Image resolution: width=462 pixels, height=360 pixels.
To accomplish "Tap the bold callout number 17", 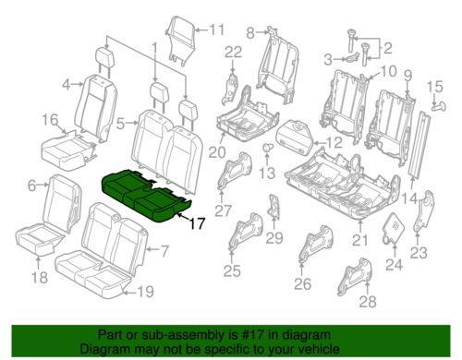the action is point(197,223).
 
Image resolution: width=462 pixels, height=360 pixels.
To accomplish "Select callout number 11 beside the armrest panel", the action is point(216,30).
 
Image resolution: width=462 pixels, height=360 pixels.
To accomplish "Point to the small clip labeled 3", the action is point(352,57).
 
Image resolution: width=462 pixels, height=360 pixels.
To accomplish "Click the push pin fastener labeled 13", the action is point(267,147).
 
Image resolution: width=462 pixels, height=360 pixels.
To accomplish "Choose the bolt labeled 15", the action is point(439,107).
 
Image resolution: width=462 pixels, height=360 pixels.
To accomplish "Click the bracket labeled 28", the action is point(358,276).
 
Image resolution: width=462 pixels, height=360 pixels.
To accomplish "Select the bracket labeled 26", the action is point(316,244).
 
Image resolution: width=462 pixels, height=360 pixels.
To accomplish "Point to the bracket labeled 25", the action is point(246,233).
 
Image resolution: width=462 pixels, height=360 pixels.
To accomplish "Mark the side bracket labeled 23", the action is point(424,211).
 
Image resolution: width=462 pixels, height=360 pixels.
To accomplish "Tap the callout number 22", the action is point(233,53).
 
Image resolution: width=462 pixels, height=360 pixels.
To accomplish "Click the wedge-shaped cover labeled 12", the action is point(296,136).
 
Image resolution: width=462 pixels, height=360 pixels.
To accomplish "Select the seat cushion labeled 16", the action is point(67,150).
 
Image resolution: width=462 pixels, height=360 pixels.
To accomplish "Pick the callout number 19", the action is point(145,292).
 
